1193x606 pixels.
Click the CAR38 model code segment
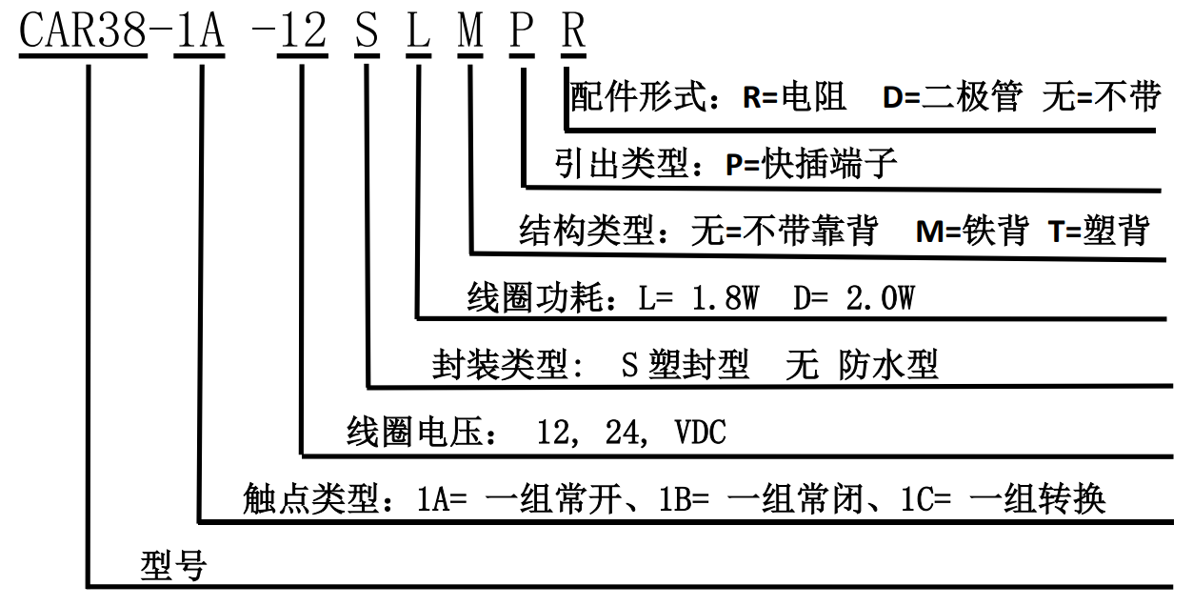coord(84,33)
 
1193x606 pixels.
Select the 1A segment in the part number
coord(198,33)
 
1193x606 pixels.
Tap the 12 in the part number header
coord(302,33)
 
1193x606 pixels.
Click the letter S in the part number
coord(367,33)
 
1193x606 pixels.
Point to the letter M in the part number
coord(470,33)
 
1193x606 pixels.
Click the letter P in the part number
coord(522,33)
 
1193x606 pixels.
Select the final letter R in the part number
coord(572,33)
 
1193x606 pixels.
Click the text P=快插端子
coord(812,164)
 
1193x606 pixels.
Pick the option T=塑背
coord(1099,231)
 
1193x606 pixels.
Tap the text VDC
coord(700,434)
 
